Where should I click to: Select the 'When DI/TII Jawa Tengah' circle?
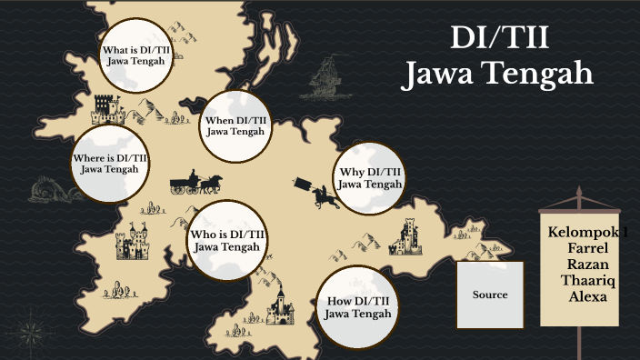pyautogui.click(x=235, y=125)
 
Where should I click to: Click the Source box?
pyautogui.click(x=490, y=295)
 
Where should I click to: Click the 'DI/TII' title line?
pyautogui.click(x=498, y=39)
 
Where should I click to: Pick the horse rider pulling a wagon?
pyautogui.click(x=315, y=193)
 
